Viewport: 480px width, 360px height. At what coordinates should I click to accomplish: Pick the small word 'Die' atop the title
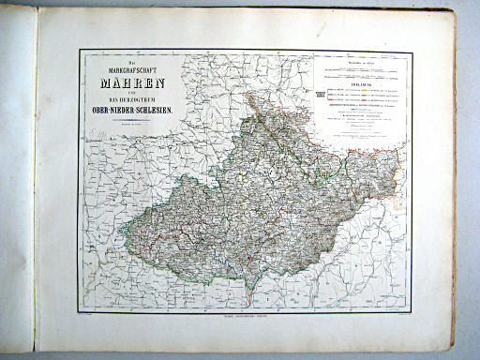pyautogui.click(x=119, y=59)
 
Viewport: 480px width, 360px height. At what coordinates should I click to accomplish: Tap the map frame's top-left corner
pyautogui.click(x=79, y=50)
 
